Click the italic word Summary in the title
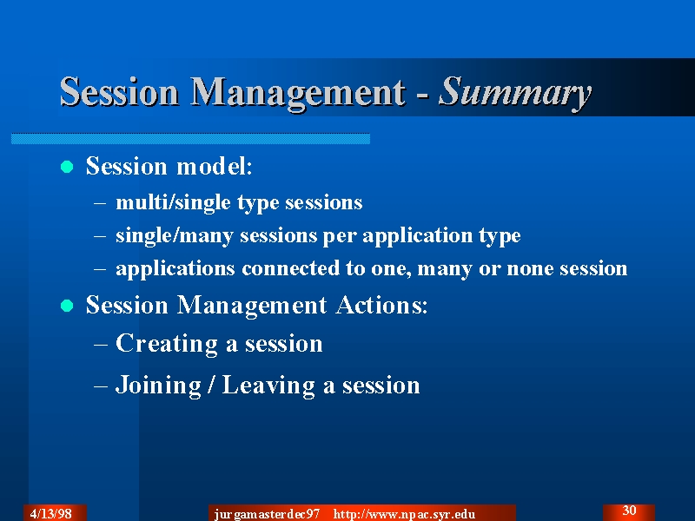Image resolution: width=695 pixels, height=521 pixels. click(x=515, y=92)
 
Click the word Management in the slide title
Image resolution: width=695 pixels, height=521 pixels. click(x=298, y=92)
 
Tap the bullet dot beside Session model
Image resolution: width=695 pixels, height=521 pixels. click(x=67, y=167)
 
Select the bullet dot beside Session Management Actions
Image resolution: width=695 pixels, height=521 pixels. click(x=67, y=306)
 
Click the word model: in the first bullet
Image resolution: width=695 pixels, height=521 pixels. click(x=214, y=166)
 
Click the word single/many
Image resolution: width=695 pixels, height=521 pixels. click(x=175, y=235)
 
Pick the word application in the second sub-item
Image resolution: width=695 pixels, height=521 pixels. click(x=418, y=235)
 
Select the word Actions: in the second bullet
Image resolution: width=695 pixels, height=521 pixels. click(x=381, y=305)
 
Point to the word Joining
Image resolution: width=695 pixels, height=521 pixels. click(x=158, y=385)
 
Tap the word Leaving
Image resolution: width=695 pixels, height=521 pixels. click(x=268, y=385)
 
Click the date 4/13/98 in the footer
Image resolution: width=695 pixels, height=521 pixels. click(x=51, y=513)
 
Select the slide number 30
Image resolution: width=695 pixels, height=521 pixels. click(x=629, y=511)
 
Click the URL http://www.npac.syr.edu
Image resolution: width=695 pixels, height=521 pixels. click(x=404, y=514)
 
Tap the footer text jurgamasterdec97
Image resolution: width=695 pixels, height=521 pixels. click(x=267, y=514)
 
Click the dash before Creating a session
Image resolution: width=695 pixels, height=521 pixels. click(x=100, y=344)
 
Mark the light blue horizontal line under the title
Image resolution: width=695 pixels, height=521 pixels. click(x=190, y=138)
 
